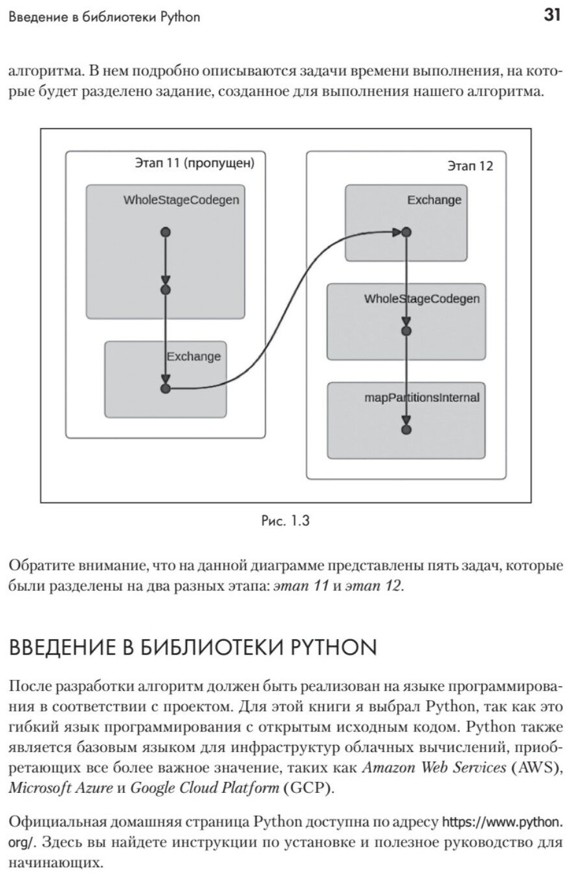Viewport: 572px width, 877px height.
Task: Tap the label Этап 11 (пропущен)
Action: [194, 163]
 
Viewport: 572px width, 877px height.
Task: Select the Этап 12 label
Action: [470, 166]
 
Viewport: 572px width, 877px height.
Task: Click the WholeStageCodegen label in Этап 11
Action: [181, 200]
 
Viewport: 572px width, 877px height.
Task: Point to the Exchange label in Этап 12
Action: [434, 200]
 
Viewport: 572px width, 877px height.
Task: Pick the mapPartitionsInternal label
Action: [422, 397]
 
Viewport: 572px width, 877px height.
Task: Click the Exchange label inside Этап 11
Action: [193, 356]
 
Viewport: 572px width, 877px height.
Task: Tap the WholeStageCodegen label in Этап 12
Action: [422, 299]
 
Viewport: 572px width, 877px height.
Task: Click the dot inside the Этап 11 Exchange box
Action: [165, 388]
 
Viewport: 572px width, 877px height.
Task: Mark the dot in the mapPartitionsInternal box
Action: [406, 429]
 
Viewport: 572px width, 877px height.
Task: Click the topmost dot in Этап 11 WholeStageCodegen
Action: [165, 232]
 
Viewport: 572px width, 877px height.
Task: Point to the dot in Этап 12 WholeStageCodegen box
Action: [406, 330]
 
